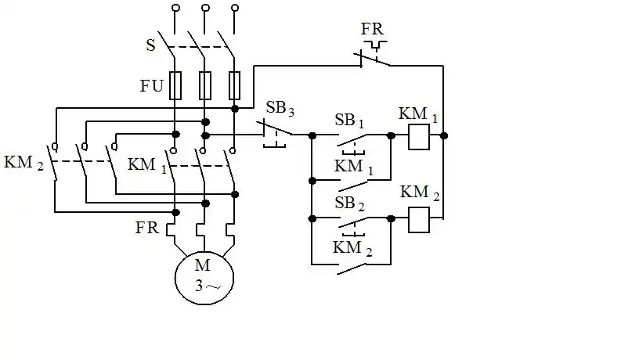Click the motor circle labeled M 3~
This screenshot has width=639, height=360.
pos(204,277)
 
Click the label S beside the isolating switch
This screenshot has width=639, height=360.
pos(150,45)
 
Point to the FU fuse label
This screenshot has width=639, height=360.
pos(152,86)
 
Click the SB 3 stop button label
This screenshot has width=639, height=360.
pos(280,109)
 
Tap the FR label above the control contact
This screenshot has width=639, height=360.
pos(373,30)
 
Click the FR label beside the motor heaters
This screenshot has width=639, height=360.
pos(147,229)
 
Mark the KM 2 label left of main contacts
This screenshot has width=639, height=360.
pos(23,164)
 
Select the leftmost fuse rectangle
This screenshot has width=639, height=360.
pos(175,85)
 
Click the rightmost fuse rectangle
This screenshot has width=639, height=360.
pos(235,85)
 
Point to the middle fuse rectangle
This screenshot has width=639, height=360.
pos(205,85)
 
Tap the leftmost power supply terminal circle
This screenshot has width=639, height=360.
pos(175,9)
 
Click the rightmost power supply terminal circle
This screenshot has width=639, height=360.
pos(235,9)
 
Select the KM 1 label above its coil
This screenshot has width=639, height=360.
pos(418,113)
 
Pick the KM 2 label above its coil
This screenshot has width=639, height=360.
pos(418,193)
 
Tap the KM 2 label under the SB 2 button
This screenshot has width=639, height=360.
pos(353,249)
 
